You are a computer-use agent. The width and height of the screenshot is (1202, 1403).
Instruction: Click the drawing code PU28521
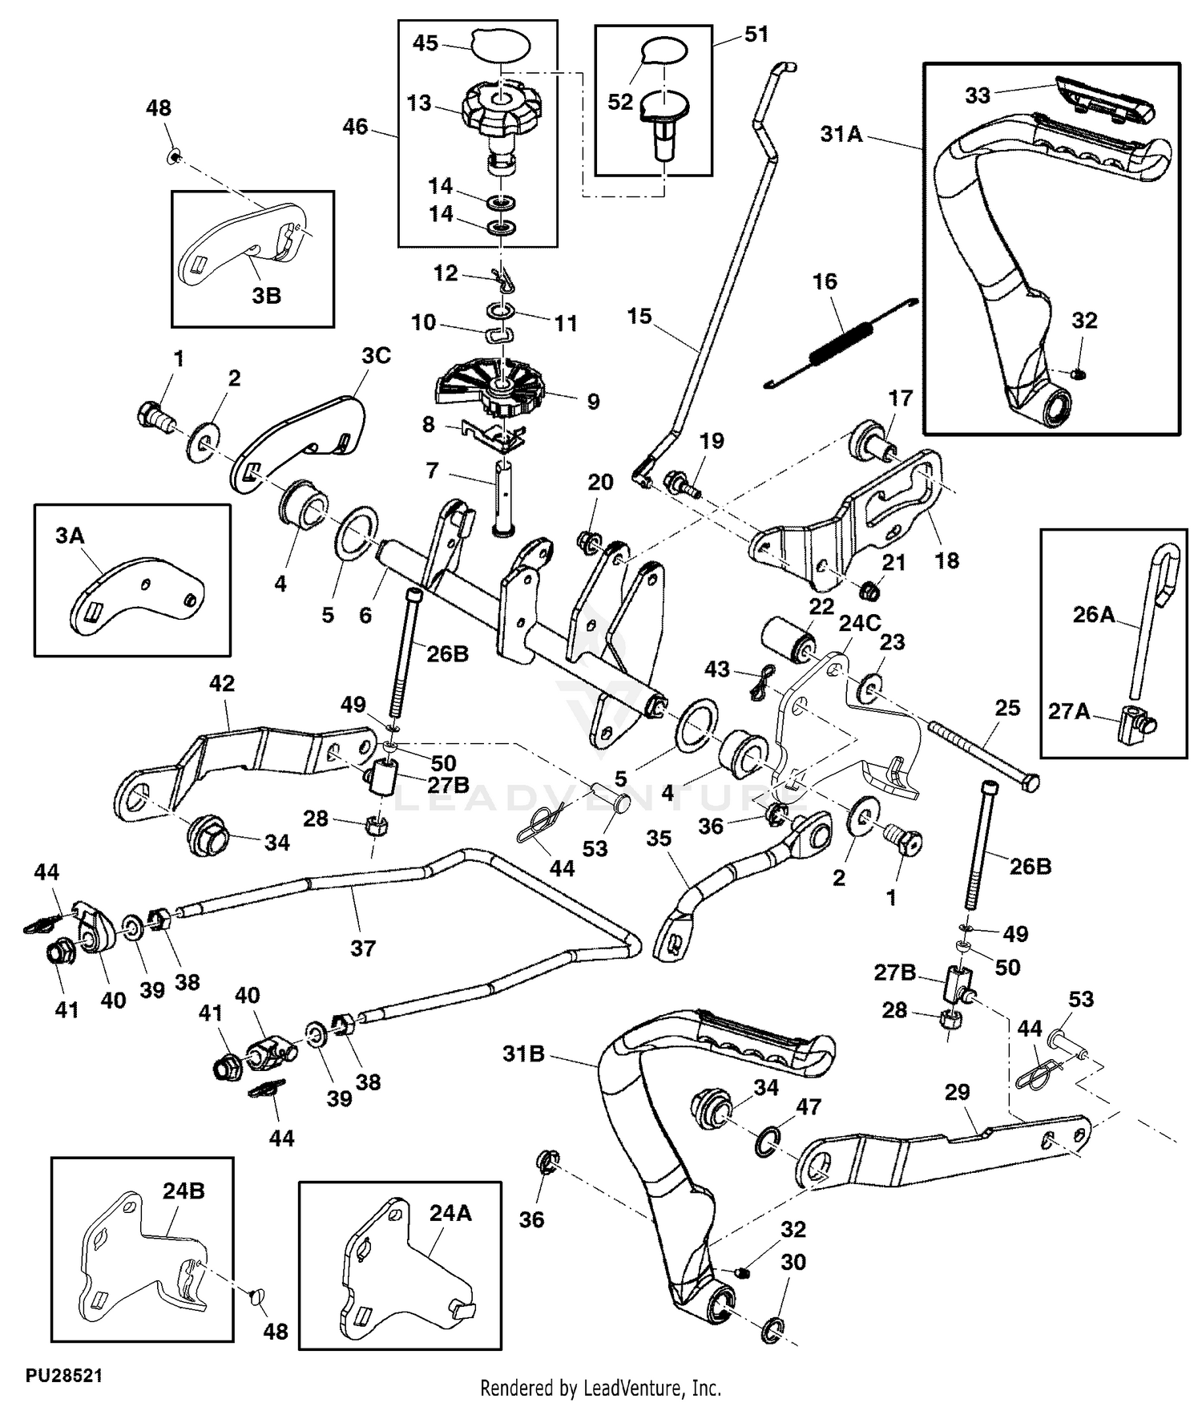pos(64,1376)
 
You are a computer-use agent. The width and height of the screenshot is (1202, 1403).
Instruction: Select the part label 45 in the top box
pos(426,43)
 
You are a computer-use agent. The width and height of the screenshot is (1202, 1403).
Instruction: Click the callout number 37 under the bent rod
pos(363,948)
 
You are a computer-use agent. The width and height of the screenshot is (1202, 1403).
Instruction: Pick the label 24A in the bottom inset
pos(450,1214)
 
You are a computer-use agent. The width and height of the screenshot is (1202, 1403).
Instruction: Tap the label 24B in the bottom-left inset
pos(184,1191)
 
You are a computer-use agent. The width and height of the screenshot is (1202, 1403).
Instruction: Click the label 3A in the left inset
pos(70,536)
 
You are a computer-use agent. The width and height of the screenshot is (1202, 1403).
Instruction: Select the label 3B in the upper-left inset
pos(266,296)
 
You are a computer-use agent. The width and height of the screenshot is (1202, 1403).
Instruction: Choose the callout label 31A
pos(841,134)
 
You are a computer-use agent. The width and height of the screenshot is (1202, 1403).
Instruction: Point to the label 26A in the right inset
pos(1094,615)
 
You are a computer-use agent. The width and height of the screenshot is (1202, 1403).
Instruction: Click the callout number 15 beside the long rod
pos(639,317)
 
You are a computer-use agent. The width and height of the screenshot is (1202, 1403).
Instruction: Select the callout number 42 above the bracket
pos(222,684)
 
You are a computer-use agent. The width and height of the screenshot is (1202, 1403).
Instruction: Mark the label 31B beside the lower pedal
pos(523,1054)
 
